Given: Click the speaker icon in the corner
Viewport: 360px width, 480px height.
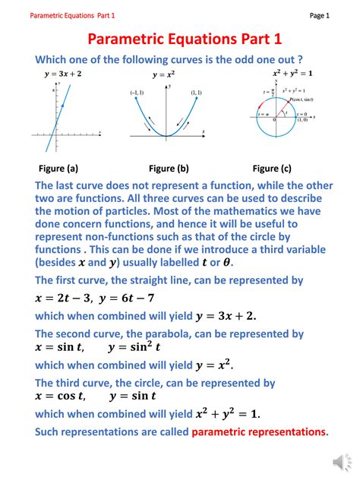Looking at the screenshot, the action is (x=339, y=461).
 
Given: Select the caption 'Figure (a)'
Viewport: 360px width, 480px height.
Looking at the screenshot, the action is (x=58, y=169).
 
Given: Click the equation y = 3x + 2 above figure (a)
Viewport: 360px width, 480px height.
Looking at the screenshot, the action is (x=65, y=74).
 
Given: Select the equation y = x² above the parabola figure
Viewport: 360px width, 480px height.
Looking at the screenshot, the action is (x=164, y=74).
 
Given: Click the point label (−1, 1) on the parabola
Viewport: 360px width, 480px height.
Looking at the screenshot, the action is (x=137, y=93).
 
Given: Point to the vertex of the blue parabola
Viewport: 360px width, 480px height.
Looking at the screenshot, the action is (x=166, y=136).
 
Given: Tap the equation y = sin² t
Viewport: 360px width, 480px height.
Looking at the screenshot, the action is (x=134, y=347).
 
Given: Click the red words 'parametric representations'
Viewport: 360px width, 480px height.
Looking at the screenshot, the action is (x=259, y=432).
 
